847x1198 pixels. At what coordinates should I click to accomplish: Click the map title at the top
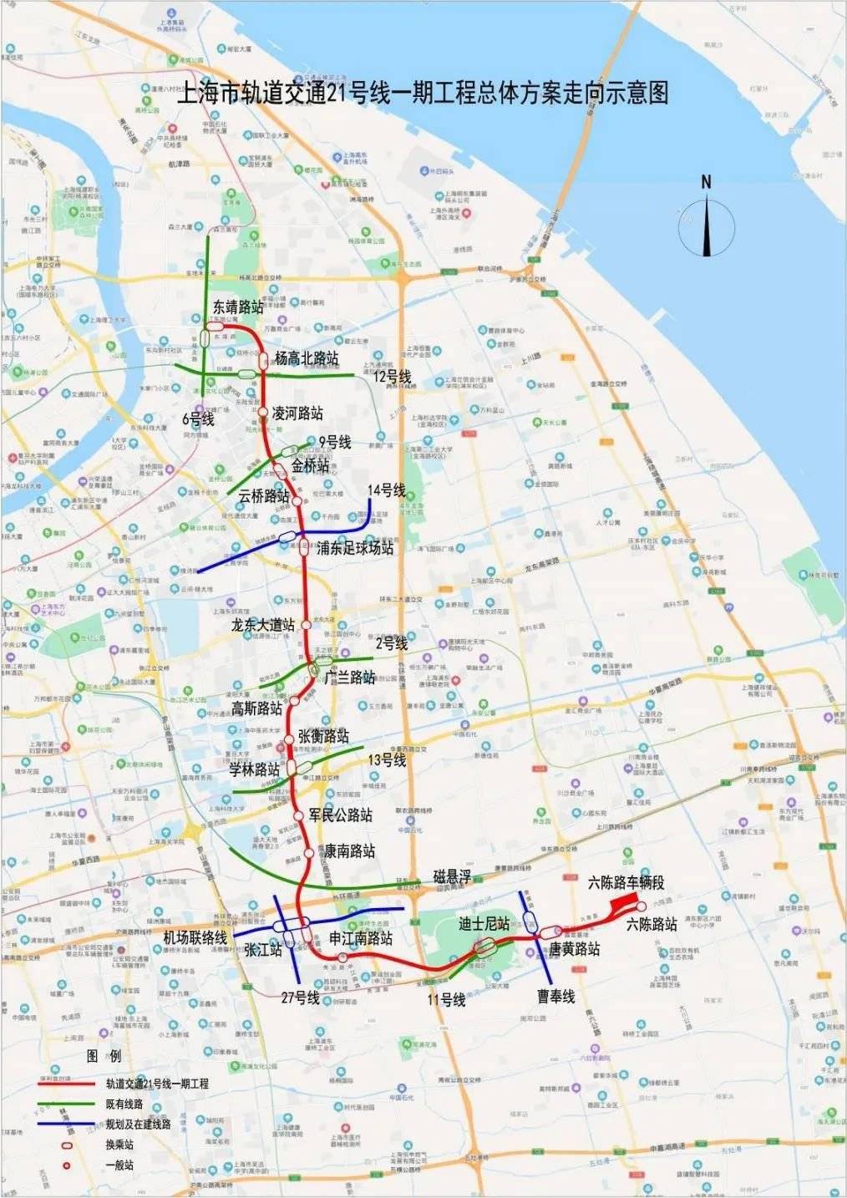[423, 93]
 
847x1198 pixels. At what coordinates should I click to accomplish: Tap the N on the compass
[706, 181]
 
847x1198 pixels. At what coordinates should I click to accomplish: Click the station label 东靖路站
[238, 307]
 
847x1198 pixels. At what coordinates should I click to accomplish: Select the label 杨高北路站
[307, 358]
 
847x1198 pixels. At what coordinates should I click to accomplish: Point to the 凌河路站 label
[297, 414]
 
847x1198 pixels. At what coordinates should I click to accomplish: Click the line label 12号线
[393, 377]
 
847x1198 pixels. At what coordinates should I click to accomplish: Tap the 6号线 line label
[199, 419]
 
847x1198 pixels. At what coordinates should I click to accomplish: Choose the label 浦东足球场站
[355, 548]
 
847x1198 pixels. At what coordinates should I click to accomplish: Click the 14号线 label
[386, 490]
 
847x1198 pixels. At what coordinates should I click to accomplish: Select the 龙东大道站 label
[263, 625]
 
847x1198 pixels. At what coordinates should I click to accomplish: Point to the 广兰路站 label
[349, 677]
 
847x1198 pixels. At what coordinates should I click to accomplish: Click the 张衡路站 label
[323, 736]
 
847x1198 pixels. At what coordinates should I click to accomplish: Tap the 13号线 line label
[387, 759]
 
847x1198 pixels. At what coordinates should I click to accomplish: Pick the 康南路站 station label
[349, 851]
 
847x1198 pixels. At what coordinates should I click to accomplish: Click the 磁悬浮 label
[452, 876]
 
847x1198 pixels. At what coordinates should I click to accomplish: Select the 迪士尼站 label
[484, 924]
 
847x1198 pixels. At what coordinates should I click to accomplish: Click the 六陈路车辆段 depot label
[626, 882]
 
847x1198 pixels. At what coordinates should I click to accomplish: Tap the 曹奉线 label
[556, 996]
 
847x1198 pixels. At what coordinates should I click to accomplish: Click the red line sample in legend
[68, 1084]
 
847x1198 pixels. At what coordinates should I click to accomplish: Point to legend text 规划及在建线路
[138, 1124]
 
